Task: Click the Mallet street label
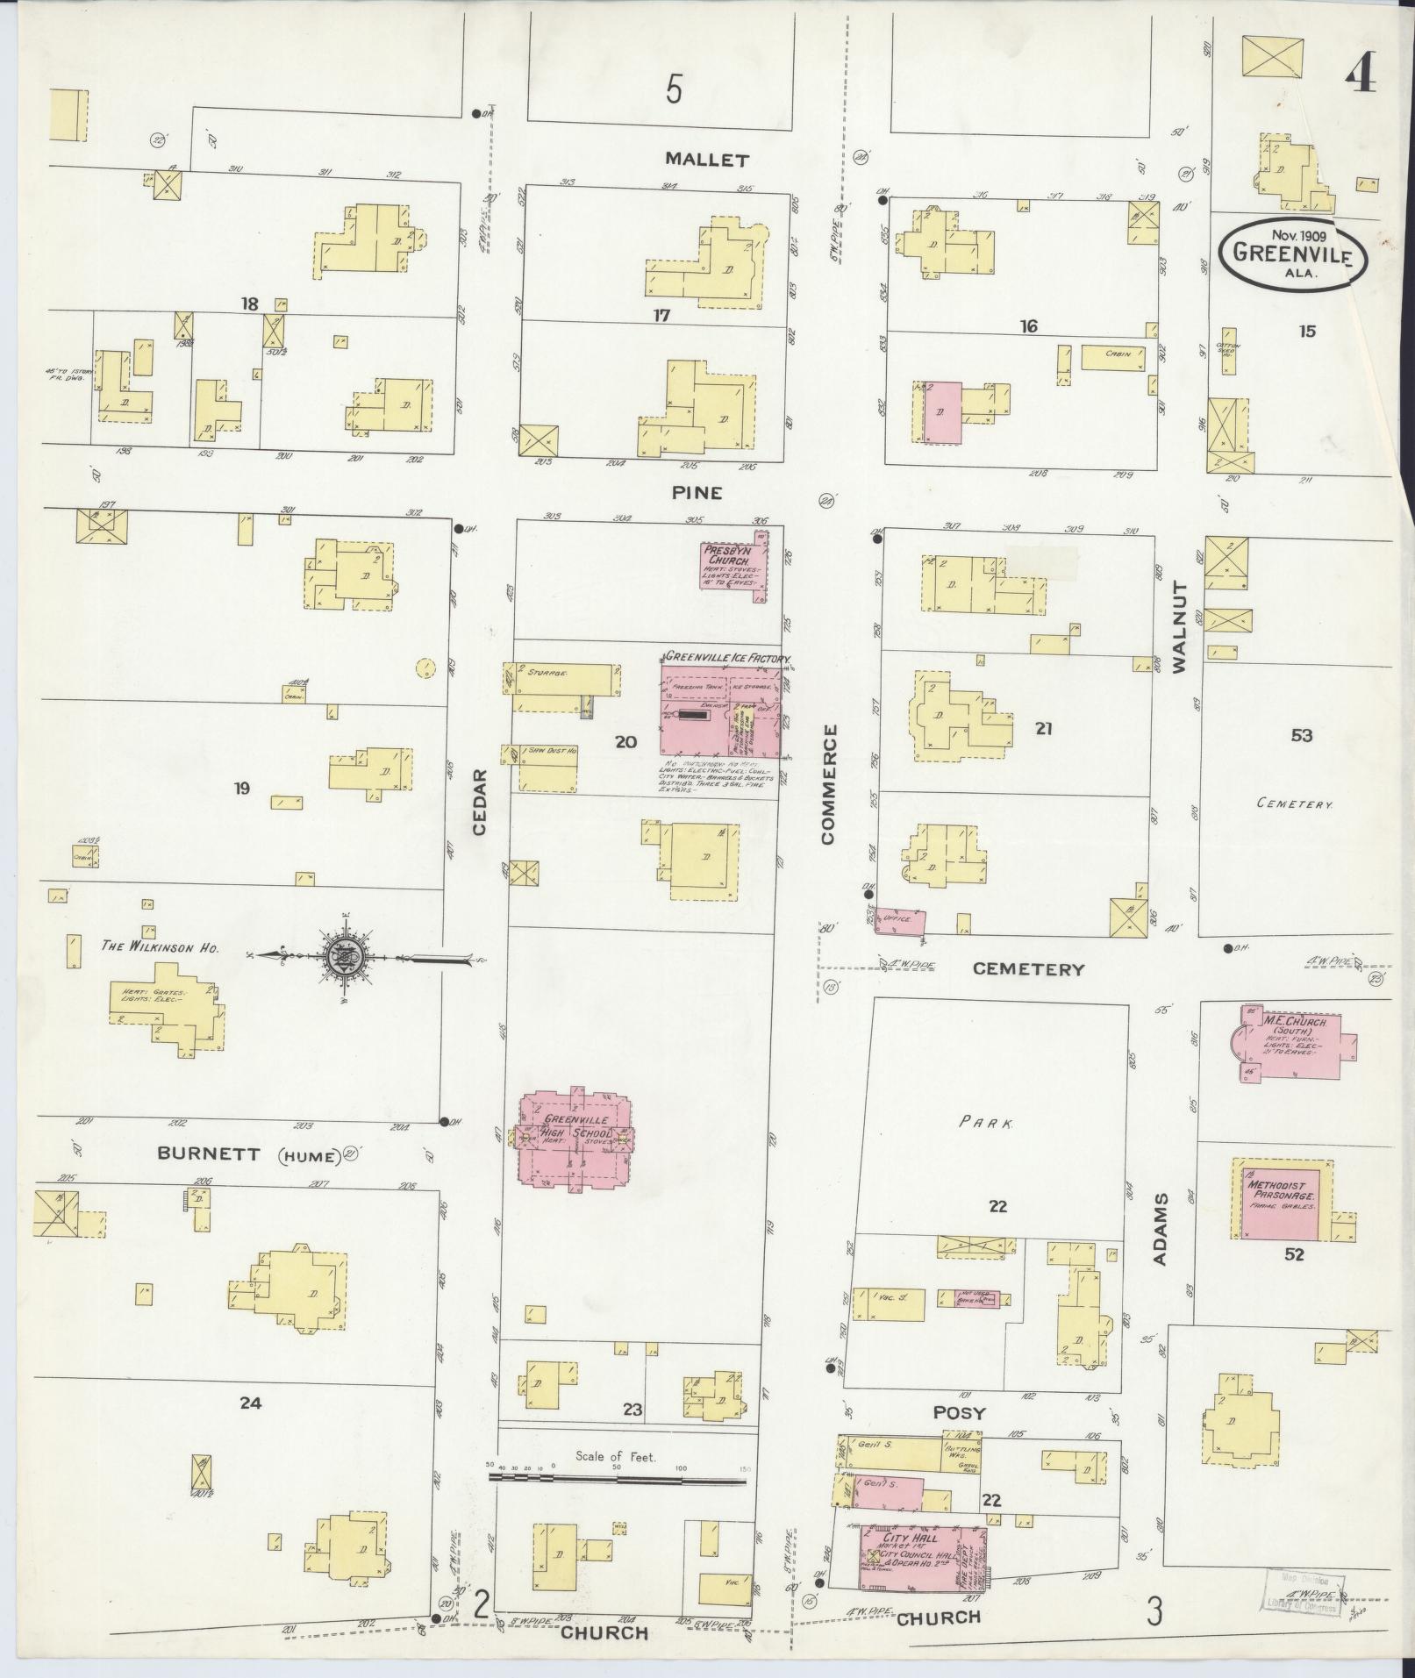tap(706, 160)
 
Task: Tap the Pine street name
tap(697, 493)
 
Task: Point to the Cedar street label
tap(479, 802)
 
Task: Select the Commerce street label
tap(829, 784)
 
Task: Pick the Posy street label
tap(959, 1413)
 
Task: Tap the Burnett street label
tap(209, 1154)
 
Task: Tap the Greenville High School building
tap(575, 1139)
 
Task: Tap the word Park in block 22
tap(987, 1122)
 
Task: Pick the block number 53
tap(1301, 735)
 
